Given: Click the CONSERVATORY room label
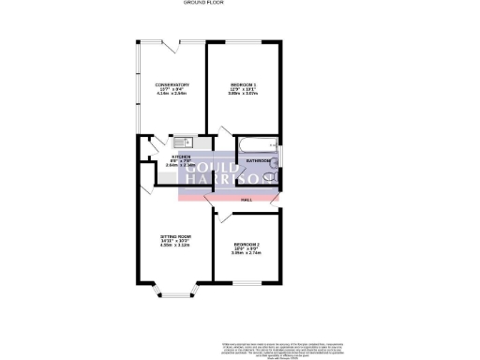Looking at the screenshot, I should pos(172,85).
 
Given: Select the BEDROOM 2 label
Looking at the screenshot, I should pos(247,245).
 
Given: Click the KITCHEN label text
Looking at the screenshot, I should pos(181,157).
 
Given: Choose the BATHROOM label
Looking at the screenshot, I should pos(259,160).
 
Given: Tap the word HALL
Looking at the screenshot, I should pos(247,199).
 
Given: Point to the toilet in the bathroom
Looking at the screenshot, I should pos(276,162).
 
